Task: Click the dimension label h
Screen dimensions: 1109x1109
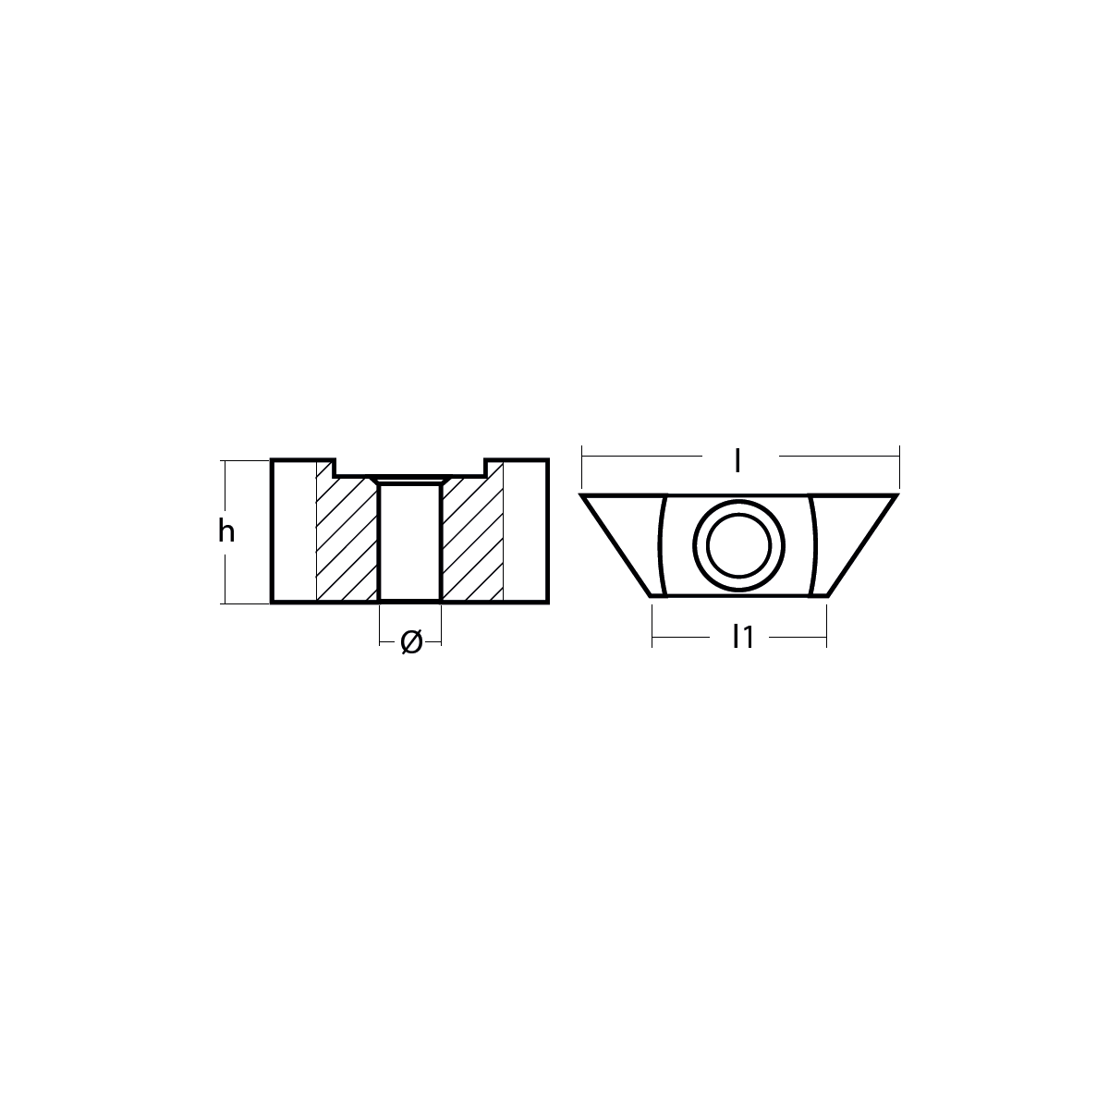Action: [226, 531]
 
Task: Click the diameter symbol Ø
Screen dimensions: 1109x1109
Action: [411, 641]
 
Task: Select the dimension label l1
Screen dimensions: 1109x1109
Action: [742, 637]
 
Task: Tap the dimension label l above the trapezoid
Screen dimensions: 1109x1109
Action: [737, 461]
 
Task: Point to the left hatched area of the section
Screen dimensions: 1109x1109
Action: [347, 538]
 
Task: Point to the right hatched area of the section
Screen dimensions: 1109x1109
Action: [472, 538]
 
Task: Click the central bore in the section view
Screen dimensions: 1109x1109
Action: [409, 542]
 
